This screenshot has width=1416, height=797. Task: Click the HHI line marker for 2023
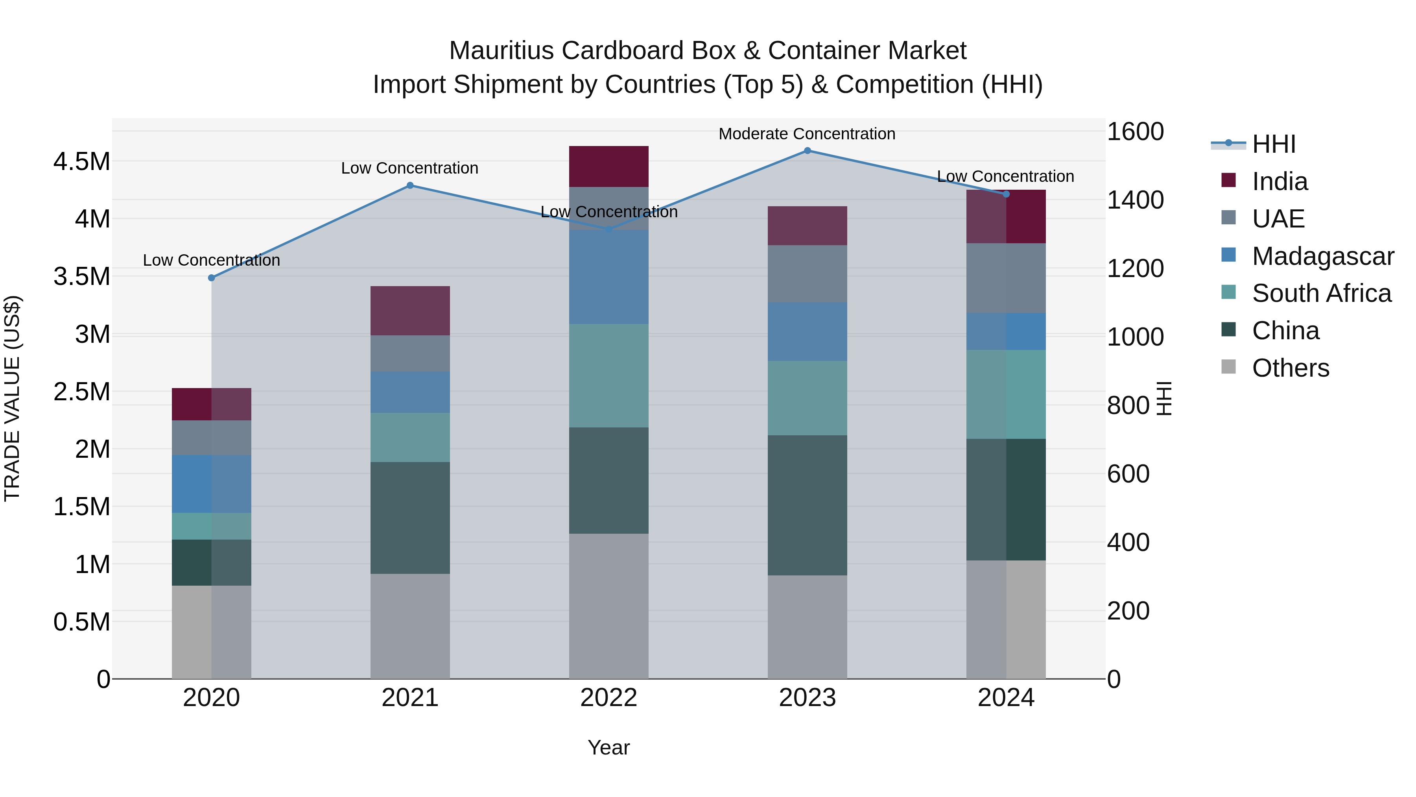807,151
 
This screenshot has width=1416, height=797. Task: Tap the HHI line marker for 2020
212,278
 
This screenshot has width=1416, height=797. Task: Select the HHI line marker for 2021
410,185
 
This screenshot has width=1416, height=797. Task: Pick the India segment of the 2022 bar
608,166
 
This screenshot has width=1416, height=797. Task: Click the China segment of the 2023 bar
807,505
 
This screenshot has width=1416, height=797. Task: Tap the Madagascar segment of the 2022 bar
608,277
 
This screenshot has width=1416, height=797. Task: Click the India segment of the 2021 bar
410,311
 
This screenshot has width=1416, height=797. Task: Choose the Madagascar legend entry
1322,256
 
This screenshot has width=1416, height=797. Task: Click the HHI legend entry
1274,144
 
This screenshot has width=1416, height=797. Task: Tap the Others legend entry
1290,368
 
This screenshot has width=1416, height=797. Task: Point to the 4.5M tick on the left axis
81,162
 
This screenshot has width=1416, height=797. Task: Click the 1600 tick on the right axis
1134,132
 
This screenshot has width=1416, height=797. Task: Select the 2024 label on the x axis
1006,698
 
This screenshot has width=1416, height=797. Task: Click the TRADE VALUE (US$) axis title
13,398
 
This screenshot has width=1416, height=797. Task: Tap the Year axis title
608,747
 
